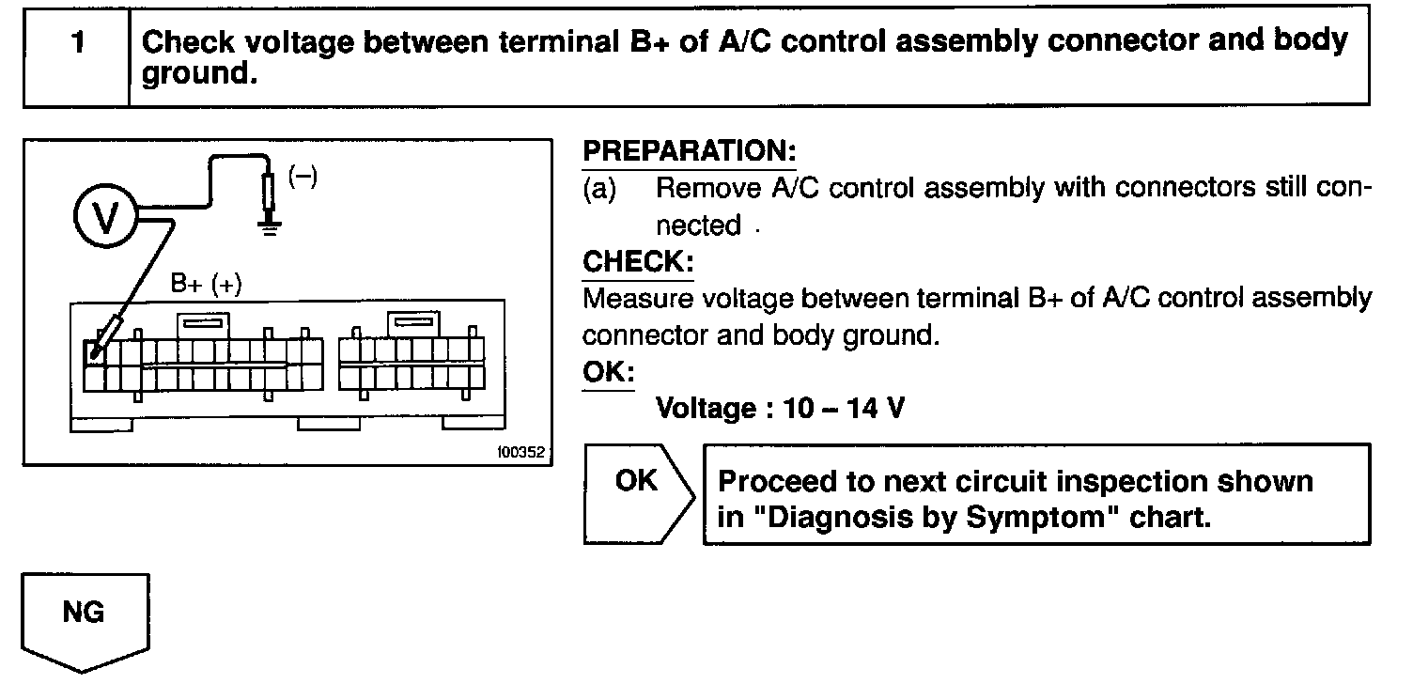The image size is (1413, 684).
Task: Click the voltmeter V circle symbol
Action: coord(104,216)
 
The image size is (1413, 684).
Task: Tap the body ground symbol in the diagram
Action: coord(270,225)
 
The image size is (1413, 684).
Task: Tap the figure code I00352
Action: coord(520,452)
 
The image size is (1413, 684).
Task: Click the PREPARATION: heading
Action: coord(690,151)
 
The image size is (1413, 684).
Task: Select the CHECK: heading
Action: coord(638,261)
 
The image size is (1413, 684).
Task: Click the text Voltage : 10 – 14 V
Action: coord(779,409)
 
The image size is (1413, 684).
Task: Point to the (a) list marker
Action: coord(601,189)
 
